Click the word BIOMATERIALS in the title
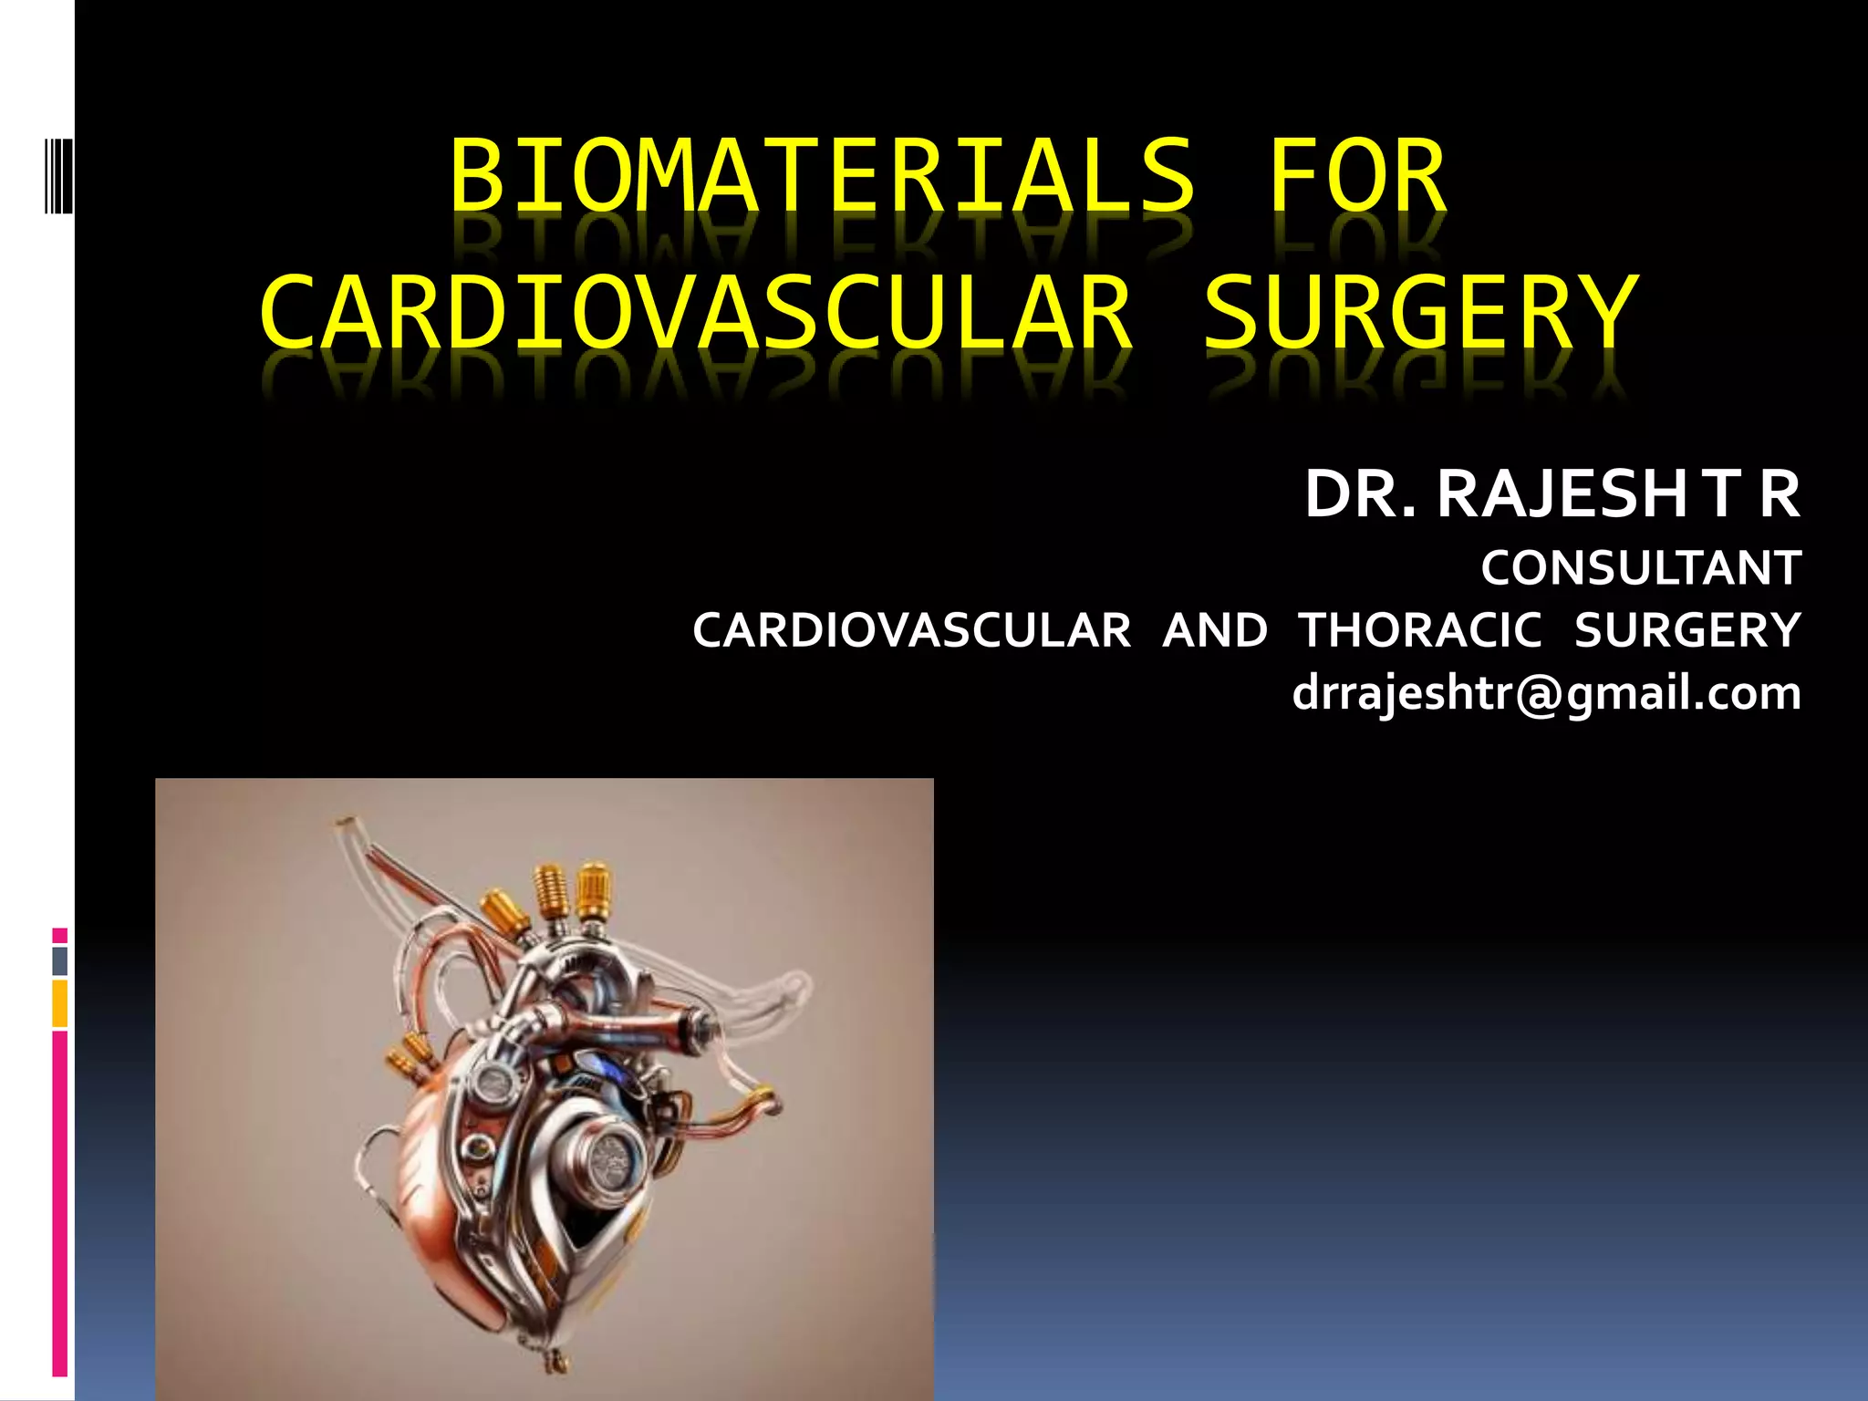pyautogui.click(x=821, y=175)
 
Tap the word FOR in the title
pyautogui.click(x=1357, y=175)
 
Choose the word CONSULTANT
pyautogui.click(x=1640, y=568)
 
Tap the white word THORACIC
pyautogui.click(x=1421, y=630)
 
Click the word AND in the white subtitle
pyautogui.click(x=1215, y=630)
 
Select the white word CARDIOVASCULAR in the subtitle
pyautogui.click(x=911, y=630)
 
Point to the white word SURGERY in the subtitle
pyautogui.click(x=1687, y=630)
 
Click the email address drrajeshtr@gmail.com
pyautogui.click(x=1546, y=693)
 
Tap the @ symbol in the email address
pyautogui.click(x=1541, y=695)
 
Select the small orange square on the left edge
pyautogui.click(x=60, y=1003)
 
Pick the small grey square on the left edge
pyautogui.click(x=60, y=960)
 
